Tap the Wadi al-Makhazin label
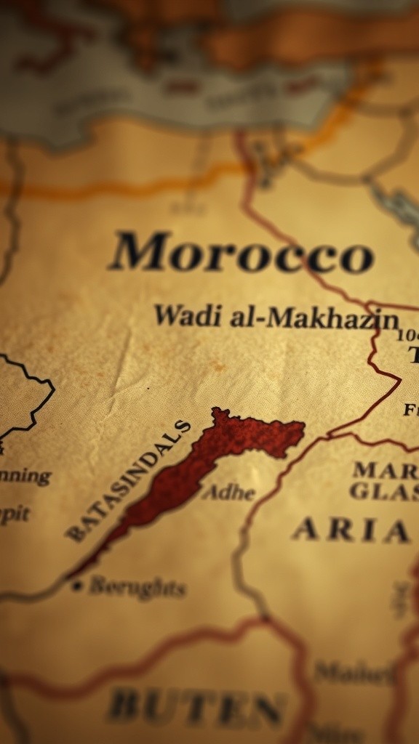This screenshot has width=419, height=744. click(276, 318)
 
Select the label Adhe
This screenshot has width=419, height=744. click(228, 493)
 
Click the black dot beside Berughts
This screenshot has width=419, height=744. click(76, 585)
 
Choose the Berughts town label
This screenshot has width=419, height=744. click(137, 587)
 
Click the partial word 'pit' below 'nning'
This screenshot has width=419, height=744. click(15, 514)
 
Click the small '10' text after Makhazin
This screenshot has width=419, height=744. click(407, 335)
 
